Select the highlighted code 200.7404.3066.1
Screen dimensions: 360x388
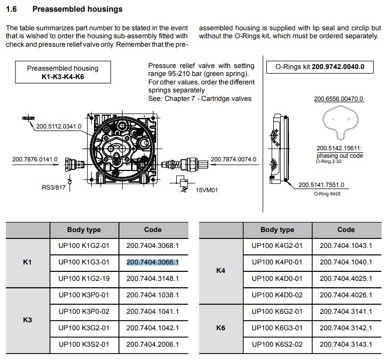pyautogui.click(x=152, y=262)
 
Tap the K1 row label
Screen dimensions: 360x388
pyautogui.click(x=28, y=262)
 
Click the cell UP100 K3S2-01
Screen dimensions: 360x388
pyautogui.click(x=84, y=344)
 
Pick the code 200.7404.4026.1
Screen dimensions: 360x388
pyautogui.click(x=346, y=295)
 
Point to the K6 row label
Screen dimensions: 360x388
pyautogui.click(x=221, y=328)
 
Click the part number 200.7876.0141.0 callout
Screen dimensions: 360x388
pyautogui.click(x=35, y=159)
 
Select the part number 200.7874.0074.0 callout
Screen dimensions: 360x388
pyautogui.click(x=234, y=159)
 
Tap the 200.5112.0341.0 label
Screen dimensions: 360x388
pyautogui.click(x=59, y=126)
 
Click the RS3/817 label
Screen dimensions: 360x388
pyautogui.click(x=54, y=187)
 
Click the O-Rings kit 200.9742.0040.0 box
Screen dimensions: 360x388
pyautogui.click(x=324, y=67)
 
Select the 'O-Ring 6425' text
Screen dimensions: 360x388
pyautogui.click(x=327, y=194)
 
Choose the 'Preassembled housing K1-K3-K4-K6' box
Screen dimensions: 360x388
pyautogui.click(x=63, y=72)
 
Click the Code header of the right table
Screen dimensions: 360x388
pyautogui.click(x=346, y=229)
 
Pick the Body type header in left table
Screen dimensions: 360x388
pyautogui.click(x=84, y=229)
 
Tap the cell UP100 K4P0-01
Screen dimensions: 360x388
pyautogui.click(x=277, y=262)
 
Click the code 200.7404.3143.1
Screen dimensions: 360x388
pyautogui.click(x=346, y=344)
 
